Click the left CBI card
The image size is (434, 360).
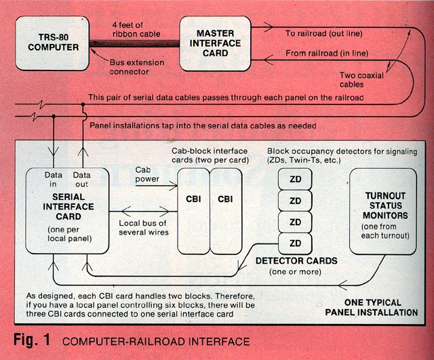coord(193,200)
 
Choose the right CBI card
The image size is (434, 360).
coord(226,200)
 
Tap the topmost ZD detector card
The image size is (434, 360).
coord(295,180)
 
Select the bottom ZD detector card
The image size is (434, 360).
coord(295,243)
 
